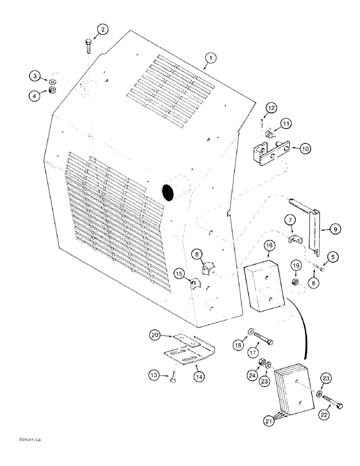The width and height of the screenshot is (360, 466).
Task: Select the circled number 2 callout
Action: coord(102,30)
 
